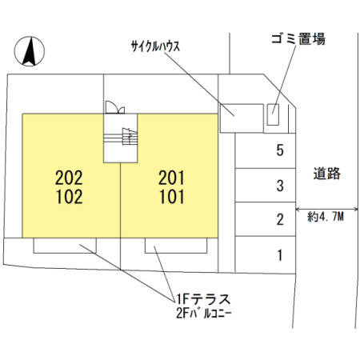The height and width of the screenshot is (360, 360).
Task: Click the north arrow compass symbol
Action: [30, 51]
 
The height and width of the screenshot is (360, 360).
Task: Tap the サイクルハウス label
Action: [155, 46]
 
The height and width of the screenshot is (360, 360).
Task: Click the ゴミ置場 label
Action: [298, 39]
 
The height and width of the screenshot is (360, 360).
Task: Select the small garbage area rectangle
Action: [273, 114]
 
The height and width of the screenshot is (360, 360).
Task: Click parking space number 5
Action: [280, 150]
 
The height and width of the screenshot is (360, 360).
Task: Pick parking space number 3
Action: [280, 186]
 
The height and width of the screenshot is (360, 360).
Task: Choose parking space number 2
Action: [280, 219]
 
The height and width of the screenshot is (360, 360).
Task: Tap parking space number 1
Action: [280, 255]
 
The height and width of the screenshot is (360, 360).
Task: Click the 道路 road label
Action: [327, 174]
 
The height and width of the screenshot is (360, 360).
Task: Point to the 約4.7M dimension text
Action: [326, 217]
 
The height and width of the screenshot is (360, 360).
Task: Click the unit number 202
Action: [69, 178]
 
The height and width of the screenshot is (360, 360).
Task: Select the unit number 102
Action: [70, 197]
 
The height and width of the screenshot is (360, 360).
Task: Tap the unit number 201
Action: [171, 178]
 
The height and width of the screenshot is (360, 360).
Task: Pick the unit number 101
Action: [172, 197]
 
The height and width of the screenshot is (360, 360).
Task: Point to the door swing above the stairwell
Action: [115, 108]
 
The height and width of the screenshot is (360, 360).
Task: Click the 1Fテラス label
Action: [203, 299]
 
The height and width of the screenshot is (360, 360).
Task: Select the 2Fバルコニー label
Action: [203, 314]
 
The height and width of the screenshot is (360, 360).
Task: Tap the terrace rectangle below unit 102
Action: [65, 246]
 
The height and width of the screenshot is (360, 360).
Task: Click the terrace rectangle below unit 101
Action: [176, 246]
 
